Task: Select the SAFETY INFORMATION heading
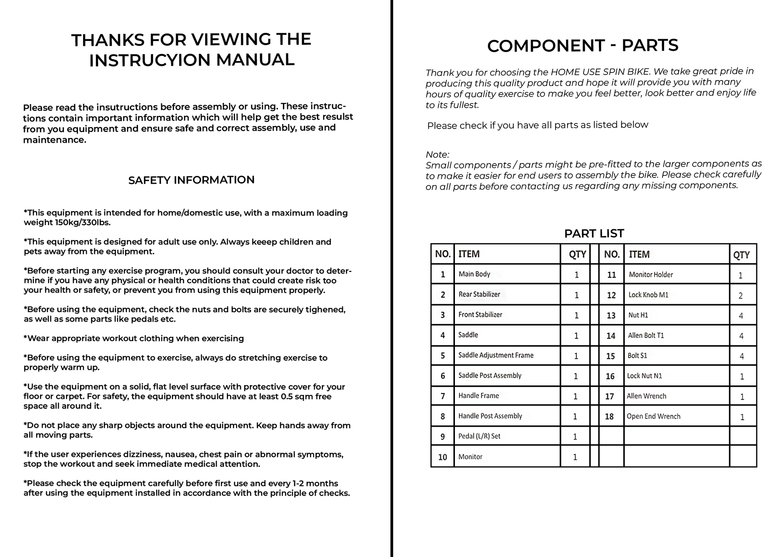[191, 180]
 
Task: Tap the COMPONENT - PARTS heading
[582, 45]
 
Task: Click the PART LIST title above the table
[594, 233]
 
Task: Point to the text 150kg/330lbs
[82, 222]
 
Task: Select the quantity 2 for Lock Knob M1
[740, 296]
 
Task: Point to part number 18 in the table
[609, 417]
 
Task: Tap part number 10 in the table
[443, 457]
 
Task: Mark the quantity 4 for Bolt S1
[742, 356]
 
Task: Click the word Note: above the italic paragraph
[437, 154]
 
